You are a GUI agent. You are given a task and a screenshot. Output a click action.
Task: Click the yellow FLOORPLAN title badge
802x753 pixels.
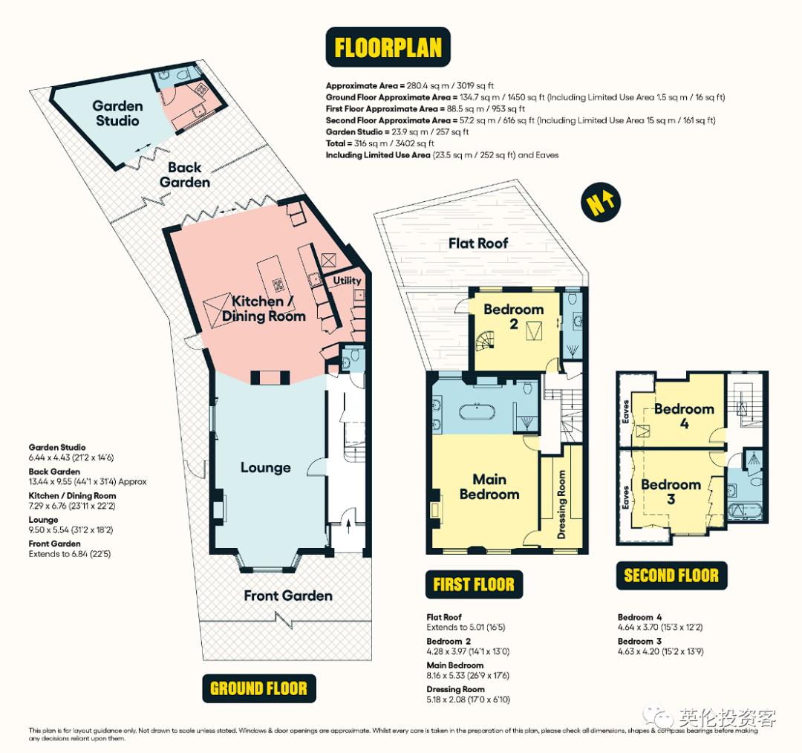coord(388,47)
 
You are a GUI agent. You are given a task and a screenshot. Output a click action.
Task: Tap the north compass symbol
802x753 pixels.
coord(601,202)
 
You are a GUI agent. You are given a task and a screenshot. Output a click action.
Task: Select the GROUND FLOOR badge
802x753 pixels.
coord(259,688)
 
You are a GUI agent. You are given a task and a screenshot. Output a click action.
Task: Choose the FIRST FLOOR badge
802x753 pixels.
coord(474,584)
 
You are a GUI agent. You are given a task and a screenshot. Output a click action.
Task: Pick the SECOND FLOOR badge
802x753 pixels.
coord(671,576)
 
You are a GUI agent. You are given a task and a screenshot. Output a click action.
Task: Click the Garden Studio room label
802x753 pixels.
coord(117,113)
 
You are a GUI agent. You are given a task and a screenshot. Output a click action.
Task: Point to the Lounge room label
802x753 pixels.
coord(265,468)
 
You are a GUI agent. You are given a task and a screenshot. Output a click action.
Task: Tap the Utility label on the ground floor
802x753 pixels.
coord(347,280)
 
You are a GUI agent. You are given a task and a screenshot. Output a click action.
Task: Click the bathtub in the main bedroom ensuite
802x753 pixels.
coord(476,413)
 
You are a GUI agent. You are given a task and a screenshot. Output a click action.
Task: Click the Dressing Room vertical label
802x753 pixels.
coord(561,504)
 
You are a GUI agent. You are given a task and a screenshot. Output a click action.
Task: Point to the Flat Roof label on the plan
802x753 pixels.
coord(478,243)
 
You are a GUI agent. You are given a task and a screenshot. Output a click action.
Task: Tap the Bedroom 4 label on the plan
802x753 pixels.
coord(684,416)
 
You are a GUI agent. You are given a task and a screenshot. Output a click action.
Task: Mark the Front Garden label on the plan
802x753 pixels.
coord(288,596)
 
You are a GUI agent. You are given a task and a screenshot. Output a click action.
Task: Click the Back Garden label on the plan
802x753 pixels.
coord(185,175)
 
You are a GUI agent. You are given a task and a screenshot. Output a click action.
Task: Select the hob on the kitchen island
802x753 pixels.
coord(278,284)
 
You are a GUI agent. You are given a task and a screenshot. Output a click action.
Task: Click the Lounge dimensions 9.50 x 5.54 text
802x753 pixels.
coord(71,530)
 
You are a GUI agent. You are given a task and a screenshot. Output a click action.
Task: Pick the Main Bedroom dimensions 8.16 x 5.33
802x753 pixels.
coord(468,675)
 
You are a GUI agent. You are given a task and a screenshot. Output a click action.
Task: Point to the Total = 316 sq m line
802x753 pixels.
coord(380,143)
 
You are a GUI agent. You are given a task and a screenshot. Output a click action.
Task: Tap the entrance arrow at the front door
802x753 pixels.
coord(349,526)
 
